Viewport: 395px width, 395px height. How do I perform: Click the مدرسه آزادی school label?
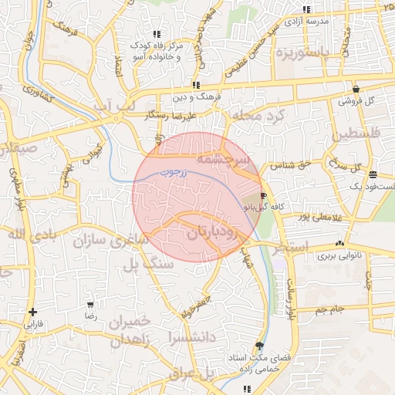[x=307, y=21]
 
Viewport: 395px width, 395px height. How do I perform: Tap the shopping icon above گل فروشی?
[x=356, y=89]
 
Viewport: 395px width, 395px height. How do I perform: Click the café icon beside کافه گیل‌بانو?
[x=264, y=196]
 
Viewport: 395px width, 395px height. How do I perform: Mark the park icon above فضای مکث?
[x=258, y=346]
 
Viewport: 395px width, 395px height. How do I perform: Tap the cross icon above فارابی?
[x=32, y=312]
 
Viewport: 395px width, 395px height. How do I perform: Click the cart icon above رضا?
[x=91, y=305]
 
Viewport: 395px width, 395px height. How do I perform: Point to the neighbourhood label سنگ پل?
[x=148, y=264]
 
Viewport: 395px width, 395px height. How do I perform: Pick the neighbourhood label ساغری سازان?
[x=110, y=241]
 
